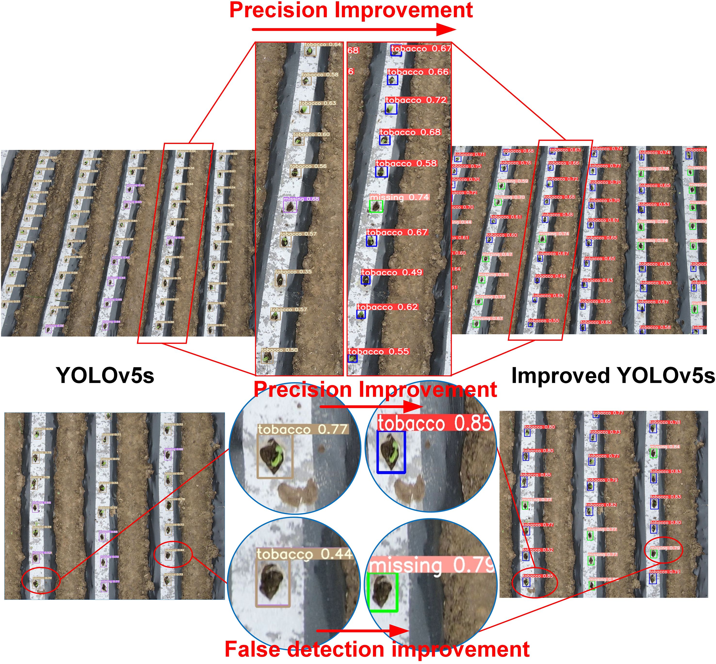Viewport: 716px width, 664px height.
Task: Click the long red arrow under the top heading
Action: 354,30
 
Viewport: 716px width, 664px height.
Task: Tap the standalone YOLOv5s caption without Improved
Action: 105,376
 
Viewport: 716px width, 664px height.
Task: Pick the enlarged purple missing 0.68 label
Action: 301,199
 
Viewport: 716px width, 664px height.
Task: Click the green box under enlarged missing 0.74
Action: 376,206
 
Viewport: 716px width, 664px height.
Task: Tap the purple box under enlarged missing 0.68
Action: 290,207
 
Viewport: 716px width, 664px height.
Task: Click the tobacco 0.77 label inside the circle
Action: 303,429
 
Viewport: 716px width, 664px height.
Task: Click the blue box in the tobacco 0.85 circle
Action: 391,452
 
